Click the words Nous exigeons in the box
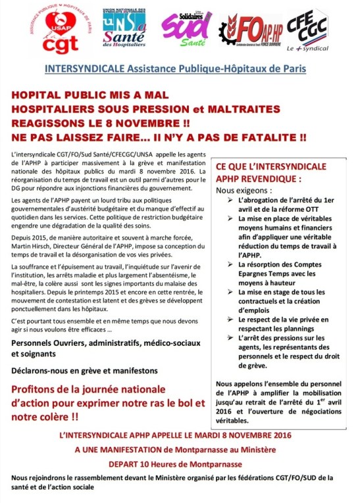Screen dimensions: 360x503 pos(242,189)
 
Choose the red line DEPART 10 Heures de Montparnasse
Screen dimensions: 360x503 pos(178,462)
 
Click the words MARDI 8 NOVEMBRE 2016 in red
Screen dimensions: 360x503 pos(245,435)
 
